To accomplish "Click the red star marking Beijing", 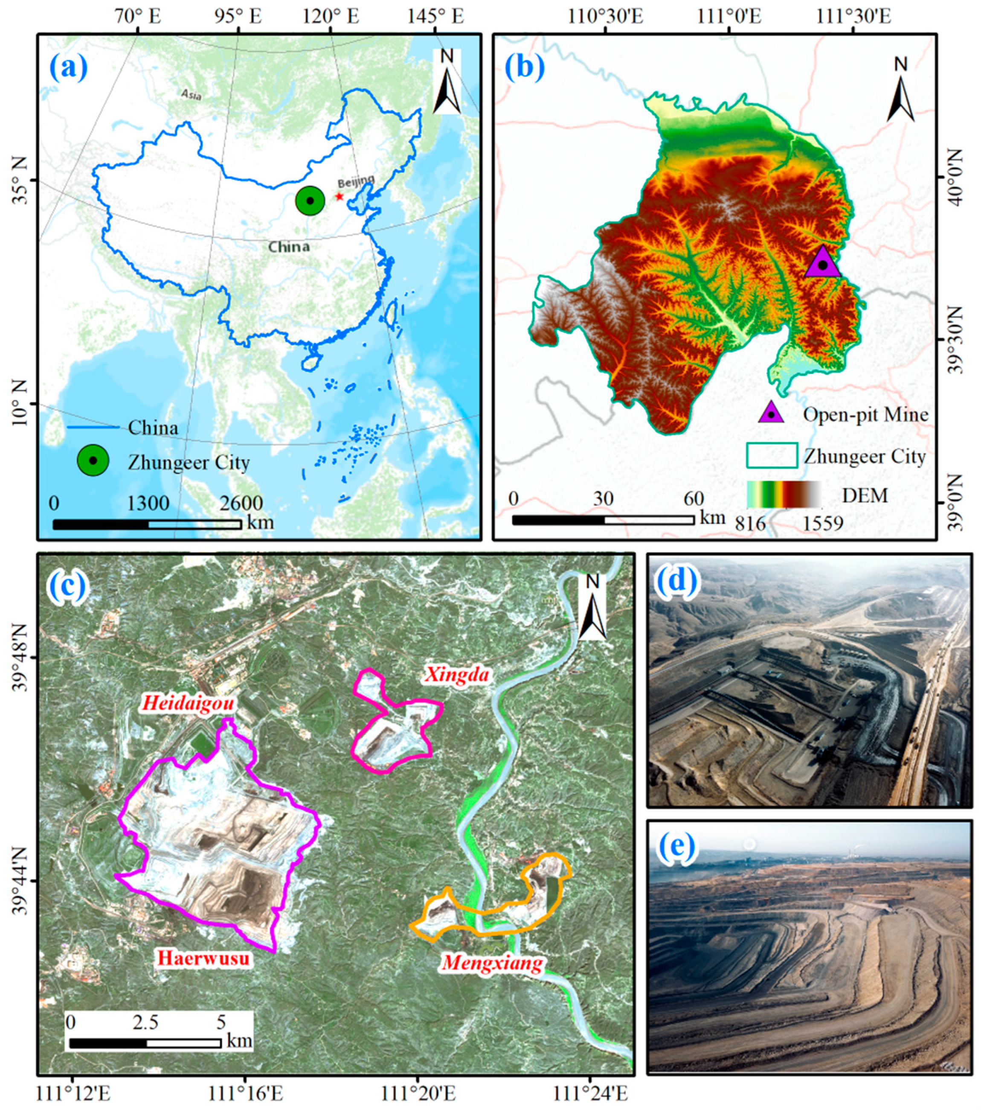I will [x=340, y=196].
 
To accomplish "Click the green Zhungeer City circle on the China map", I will [x=310, y=201].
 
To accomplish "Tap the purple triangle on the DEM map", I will [x=822, y=263].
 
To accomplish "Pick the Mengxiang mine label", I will [x=492, y=963].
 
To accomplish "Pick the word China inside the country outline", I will [x=289, y=247].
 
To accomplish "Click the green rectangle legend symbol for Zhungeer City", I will [x=772, y=455].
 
